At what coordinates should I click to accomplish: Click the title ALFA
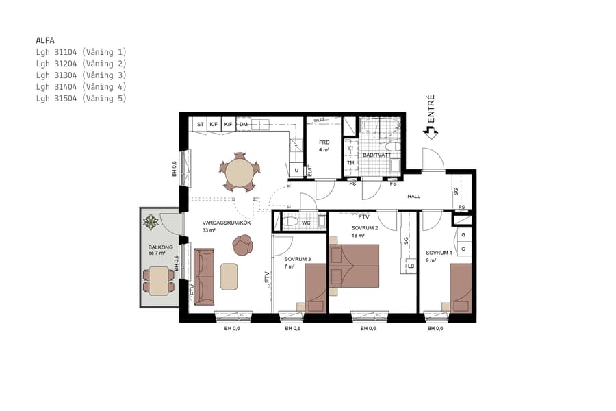tap(45, 40)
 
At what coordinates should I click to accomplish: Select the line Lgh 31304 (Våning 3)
tap(81, 75)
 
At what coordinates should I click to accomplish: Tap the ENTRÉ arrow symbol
tap(431, 133)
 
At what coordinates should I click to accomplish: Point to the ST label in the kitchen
tap(201, 125)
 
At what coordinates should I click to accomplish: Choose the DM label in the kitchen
tap(243, 125)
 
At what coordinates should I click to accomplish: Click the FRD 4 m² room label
tap(324, 146)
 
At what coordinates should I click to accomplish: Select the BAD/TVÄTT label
tap(377, 155)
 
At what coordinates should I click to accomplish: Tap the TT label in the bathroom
tap(350, 149)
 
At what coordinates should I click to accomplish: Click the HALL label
tap(414, 197)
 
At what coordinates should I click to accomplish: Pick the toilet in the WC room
tap(290, 222)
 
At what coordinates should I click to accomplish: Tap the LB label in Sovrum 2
tap(411, 266)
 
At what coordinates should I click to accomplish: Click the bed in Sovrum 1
tap(461, 288)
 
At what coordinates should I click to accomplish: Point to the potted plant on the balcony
tap(151, 222)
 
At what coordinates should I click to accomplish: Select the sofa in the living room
tap(205, 276)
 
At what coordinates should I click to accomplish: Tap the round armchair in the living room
tap(243, 244)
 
